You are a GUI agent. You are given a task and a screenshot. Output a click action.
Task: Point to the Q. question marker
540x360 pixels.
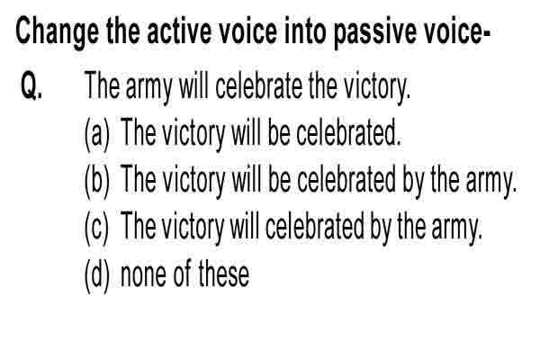tap(31, 85)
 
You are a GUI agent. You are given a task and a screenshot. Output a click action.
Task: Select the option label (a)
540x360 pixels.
tap(97, 134)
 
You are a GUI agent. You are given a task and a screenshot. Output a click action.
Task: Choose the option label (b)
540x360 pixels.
tap(97, 182)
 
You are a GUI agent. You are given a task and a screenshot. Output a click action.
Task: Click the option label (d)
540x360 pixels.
tap(97, 275)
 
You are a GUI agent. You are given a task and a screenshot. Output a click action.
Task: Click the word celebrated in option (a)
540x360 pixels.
tap(348, 132)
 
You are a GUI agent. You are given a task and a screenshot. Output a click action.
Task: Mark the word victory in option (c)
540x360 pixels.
tap(193, 229)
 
